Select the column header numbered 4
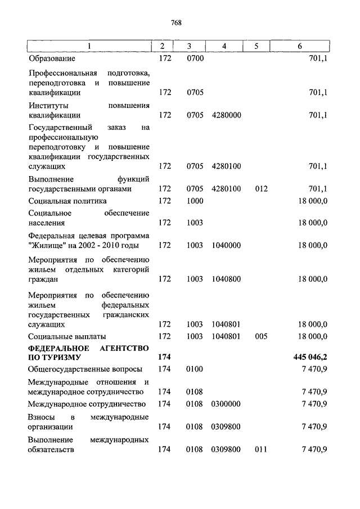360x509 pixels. pyautogui.click(x=224, y=46)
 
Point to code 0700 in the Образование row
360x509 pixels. pyautogui.click(x=195, y=58)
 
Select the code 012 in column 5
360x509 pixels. pyautogui.click(x=260, y=189)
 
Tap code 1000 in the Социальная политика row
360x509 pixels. pyautogui.click(x=195, y=201)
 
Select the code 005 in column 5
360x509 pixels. pyautogui.click(x=260, y=336)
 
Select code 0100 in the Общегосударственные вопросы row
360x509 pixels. pyautogui.click(x=195, y=369)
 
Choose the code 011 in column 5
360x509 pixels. pyautogui.click(x=260, y=450)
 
